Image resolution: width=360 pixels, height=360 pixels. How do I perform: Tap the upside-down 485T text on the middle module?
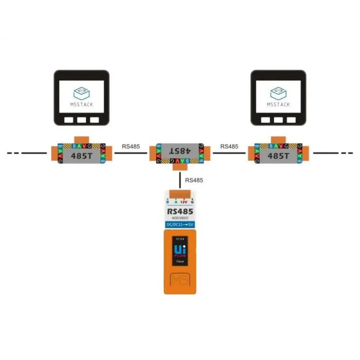[x=179, y=150]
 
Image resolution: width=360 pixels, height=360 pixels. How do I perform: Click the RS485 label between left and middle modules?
[x=131, y=147]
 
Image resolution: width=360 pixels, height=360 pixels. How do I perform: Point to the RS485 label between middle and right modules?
[x=229, y=147]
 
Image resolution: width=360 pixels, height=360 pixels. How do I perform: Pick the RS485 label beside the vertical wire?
[x=194, y=180]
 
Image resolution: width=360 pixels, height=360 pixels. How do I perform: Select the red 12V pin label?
[x=184, y=202]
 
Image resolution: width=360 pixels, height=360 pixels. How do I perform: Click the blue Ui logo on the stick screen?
[x=178, y=249]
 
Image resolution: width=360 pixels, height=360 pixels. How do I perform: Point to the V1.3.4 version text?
[x=180, y=239]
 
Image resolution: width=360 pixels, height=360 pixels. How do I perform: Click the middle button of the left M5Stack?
[x=82, y=120]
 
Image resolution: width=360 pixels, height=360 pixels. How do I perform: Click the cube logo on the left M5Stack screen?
[x=81, y=93]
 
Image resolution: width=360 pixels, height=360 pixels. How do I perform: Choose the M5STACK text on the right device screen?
[x=278, y=104]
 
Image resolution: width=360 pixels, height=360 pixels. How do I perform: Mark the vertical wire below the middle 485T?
[x=180, y=180]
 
